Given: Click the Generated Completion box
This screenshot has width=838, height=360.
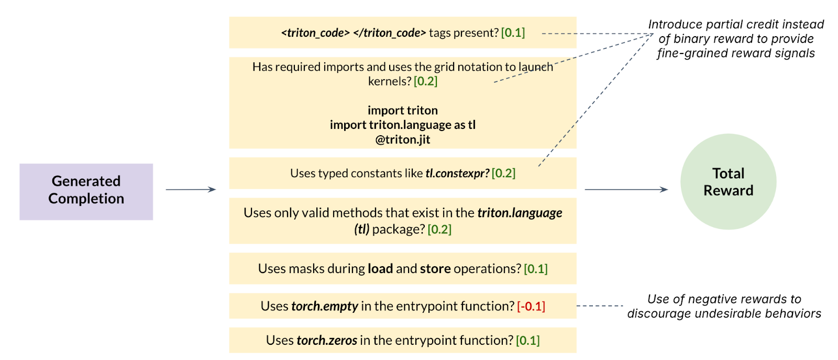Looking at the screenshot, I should pos(86,191).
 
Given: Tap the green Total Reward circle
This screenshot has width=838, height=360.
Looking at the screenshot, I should pos(728,181).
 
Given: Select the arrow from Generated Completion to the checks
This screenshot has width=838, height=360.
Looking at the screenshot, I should pos(191,189).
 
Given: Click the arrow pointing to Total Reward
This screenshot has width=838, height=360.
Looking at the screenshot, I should pos(626,189).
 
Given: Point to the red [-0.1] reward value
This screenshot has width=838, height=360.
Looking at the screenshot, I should pos(531,306).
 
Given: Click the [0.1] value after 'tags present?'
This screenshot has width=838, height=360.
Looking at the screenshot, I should pos(513,32).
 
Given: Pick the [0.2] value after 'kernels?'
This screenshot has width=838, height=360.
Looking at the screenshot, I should pos(425,81).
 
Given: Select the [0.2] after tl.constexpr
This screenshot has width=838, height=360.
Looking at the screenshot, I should pos(503,173).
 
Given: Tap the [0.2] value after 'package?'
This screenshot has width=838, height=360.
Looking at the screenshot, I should pos(439,229).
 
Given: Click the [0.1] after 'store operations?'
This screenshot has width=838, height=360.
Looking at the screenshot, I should pos(536,268).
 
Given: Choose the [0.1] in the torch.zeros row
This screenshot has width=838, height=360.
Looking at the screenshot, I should pos(528,340).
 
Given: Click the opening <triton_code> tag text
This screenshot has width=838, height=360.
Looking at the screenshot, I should pos(315,32).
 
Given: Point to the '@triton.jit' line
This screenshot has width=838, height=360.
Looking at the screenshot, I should pos(403,139).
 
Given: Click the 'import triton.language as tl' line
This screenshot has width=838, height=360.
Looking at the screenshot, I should pos(403,125).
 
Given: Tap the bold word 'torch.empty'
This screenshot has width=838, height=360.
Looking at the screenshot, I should pos(325,306).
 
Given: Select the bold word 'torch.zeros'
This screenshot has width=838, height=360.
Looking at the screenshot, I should pos(327,340).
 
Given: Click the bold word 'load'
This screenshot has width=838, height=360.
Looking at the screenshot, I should pos(380,268).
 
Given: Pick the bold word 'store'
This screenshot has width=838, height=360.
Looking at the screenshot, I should pos(435,268).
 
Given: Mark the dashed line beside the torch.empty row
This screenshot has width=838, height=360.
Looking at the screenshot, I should pos(600,306).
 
